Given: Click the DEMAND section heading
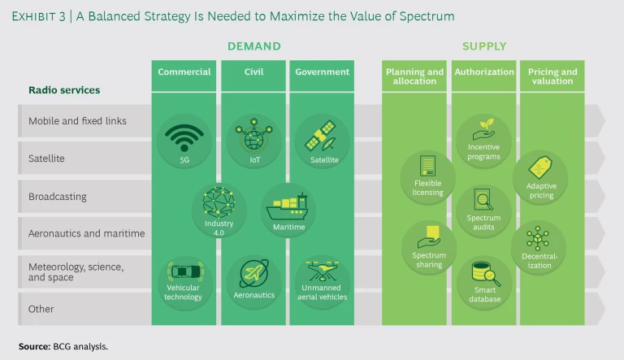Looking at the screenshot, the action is tap(253, 46).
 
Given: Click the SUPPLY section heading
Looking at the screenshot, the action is tap(484, 46).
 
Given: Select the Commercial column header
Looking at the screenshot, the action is tap(184, 72).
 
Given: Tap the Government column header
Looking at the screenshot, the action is tap(322, 72).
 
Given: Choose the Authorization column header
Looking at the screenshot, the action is tap(484, 72).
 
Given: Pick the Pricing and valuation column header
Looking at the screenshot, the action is tap(552, 76).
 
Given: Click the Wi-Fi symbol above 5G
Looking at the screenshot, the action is tap(184, 137).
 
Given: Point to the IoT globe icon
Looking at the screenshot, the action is tap(253, 135).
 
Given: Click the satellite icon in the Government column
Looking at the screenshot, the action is tap(322, 136).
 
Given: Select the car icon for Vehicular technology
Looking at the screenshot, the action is tap(185, 271).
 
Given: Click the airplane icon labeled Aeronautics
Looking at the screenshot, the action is tap(253, 273).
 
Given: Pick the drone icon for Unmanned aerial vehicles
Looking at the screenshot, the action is tap(322, 271).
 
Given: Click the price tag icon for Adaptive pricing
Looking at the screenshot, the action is tap(540, 167).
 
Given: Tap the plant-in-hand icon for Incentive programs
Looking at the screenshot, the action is tap(484, 129).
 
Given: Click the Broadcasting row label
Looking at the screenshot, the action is tap(58, 197).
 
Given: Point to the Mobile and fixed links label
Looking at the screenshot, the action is tap(77, 120).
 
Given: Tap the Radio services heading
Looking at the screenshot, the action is tap(64, 90).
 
